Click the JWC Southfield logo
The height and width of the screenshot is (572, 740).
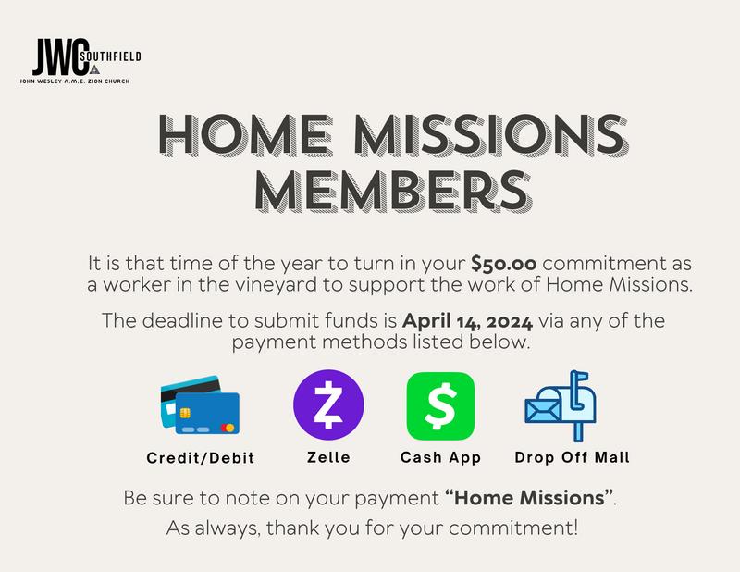pyautogui.click(x=80, y=60)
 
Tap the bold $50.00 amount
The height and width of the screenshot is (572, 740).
pyautogui.click(x=503, y=264)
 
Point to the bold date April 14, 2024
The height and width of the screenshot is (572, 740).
pyautogui.click(x=468, y=321)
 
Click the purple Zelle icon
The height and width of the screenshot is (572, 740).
pyautogui.click(x=328, y=404)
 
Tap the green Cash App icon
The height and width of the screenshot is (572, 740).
pyautogui.click(x=440, y=405)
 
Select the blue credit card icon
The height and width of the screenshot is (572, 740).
pyautogui.click(x=200, y=404)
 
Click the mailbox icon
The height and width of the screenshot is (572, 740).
pyautogui.click(x=561, y=405)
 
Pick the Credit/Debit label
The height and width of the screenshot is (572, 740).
pyautogui.click(x=201, y=458)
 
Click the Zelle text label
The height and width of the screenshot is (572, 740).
pyautogui.click(x=328, y=457)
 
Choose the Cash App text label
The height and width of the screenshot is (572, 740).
pyautogui.click(x=440, y=457)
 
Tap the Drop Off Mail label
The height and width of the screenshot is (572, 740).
pyautogui.click(x=572, y=457)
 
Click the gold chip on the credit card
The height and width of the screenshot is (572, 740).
pyautogui.click(x=186, y=414)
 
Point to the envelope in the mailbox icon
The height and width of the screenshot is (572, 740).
pyautogui.click(x=543, y=410)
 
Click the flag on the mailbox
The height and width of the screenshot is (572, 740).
pyautogui.click(x=580, y=377)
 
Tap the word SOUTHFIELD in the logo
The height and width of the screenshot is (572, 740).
pyautogui.click(x=111, y=56)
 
